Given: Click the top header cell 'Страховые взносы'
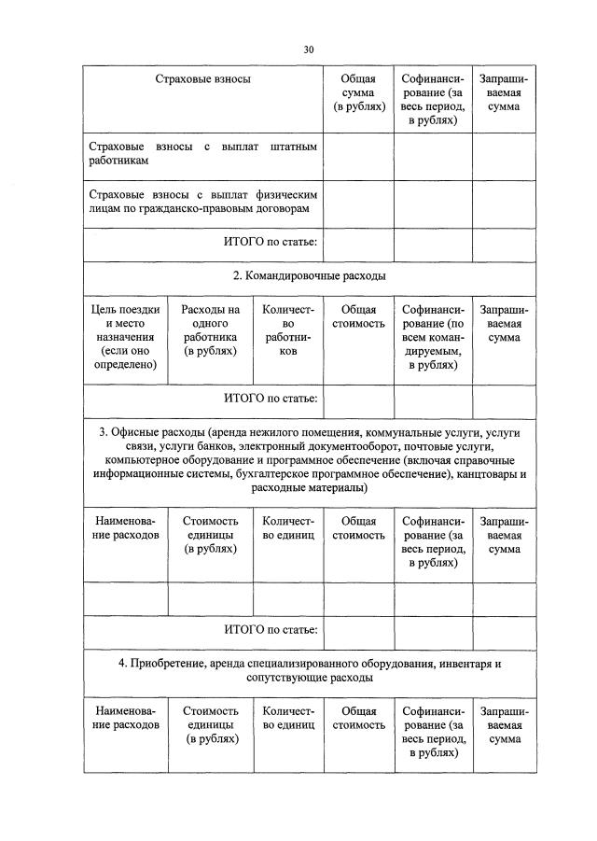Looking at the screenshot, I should pyautogui.click(x=202, y=80).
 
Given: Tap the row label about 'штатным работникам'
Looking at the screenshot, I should pyautogui.click(x=202, y=154).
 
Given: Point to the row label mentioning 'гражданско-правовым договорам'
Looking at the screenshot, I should pyautogui.click(x=202, y=202).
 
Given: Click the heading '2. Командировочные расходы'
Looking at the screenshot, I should pyautogui.click(x=309, y=276).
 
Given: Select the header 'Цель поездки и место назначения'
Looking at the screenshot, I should pyautogui.click(x=125, y=337).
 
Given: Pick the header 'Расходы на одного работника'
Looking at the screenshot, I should pyautogui.click(x=210, y=330).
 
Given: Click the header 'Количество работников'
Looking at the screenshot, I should pyautogui.click(x=288, y=330).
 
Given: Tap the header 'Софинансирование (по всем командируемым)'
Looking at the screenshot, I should pyautogui.click(x=432, y=337).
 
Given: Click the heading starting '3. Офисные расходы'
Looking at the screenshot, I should pyautogui.click(x=309, y=461).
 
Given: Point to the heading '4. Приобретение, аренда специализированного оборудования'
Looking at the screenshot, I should pyautogui.click(x=309, y=670).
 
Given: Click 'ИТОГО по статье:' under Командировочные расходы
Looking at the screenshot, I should pyautogui.click(x=271, y=399).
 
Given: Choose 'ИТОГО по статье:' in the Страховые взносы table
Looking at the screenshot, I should pyautogui.click(x=271, y=244).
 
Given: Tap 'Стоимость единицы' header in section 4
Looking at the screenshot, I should pyautogui.click(x=210, y=724).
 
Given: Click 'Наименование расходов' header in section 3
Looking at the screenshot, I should pyautogui.click(x=125, y=528).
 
